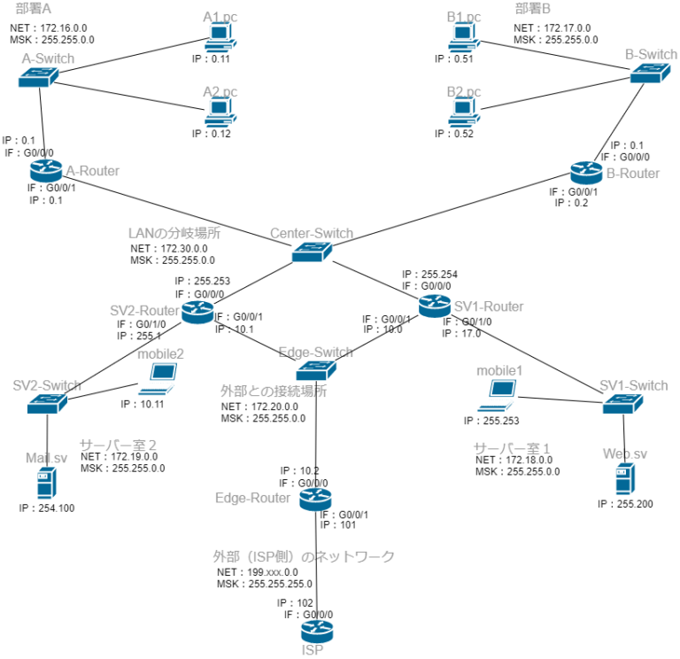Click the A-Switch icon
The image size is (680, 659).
pyautogui.click(x=38, y=78)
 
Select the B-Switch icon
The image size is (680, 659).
pyautogui.click(x=649, y=74)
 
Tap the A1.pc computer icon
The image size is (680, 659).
pyautogui.click(x=220, y=38)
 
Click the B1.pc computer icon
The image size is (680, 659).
pyautogui.click(x=464, y=38)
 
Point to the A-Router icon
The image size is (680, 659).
pyautogui.click(x=46, y=170)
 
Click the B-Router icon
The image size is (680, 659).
pyautogui.click(x=586, y=173)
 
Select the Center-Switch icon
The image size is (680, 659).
pyautogui.click(x=312, y=252)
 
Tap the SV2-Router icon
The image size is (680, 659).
pyautogui.click(x=197, y=311)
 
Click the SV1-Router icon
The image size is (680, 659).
pyautogui.click(x=435, y=306)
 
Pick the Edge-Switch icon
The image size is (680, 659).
pyautogui.click(x=316, y=369)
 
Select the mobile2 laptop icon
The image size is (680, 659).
pyautogui.click(x=158, y=379)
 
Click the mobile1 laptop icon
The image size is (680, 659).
pyautogui.click(x=498, y=395)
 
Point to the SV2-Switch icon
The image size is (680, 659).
pyautogui.click(x=47, y=404)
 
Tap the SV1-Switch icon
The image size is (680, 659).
pyautogui.click(x=622, y=403)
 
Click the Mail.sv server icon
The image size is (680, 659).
pyautogui.click(x=46, y=484)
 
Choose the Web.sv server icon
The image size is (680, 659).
pyautogui.click(x=625, y=478)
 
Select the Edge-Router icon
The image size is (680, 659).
pyautogui.click(x=315, y=499)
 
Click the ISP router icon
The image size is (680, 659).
pyautogui.click(x=316, y=632)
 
